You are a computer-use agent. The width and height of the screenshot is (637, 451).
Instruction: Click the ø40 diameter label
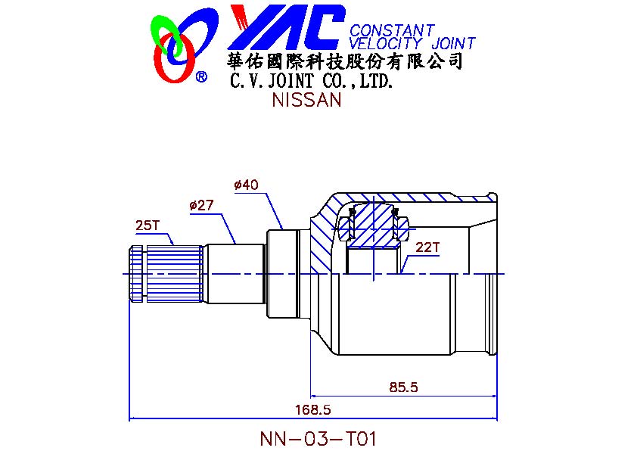coord(246,185)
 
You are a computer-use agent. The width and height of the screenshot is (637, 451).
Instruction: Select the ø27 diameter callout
coord(201,205)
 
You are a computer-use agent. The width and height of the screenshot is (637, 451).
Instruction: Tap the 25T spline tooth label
coord(148,225)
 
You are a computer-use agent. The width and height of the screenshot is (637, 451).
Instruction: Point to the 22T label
coord(427,247)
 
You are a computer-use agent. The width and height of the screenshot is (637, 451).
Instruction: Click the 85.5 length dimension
coord(403,387)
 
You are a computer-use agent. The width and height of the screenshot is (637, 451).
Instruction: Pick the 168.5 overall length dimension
coord(313,409)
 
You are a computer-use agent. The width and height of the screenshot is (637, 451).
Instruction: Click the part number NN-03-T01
coord(318,438)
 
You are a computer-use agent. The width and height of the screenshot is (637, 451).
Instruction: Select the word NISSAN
coord(306,100)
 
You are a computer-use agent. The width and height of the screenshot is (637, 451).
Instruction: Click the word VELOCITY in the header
coord(386,43)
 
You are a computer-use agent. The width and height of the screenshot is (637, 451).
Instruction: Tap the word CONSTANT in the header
coord(392,30)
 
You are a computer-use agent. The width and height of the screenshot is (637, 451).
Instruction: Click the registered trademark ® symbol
coord(201,76)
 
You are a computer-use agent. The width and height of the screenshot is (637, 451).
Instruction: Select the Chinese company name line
coord(345,61)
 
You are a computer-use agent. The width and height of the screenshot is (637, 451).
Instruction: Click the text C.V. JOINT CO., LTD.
coord(312,80)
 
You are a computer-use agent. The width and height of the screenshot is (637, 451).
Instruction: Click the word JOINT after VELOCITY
coord(453,43)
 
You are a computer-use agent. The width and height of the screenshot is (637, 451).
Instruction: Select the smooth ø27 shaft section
coord(235,273)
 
